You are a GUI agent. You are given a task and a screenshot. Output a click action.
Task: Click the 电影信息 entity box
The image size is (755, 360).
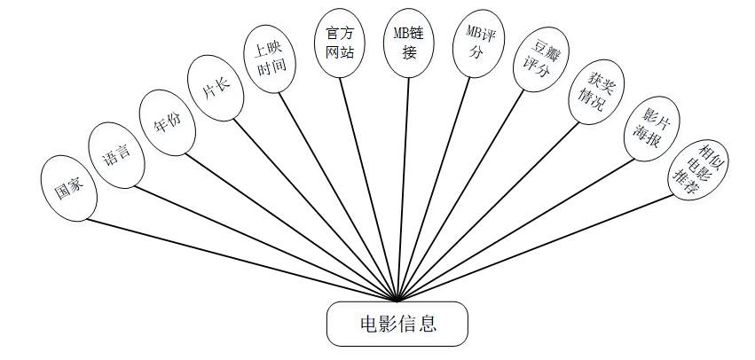[x=396, y=324]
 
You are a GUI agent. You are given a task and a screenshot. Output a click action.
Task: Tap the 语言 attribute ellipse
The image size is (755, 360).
[x=116, y=156]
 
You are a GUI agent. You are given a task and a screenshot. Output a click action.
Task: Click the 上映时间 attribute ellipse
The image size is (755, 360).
[x=271, y=61]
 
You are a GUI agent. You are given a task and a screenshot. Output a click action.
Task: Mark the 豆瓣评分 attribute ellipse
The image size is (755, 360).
[x=539, y=58]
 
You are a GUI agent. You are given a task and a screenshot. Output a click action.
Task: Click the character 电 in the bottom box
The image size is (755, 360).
[x=367, y=324]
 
